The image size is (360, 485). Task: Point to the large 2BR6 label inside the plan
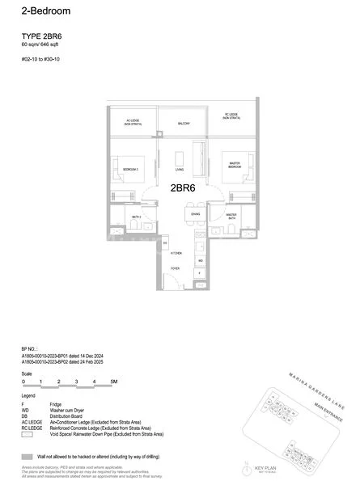point(184,188)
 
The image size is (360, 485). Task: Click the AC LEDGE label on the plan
point(133,122)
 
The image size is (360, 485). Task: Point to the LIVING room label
point(180,170)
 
